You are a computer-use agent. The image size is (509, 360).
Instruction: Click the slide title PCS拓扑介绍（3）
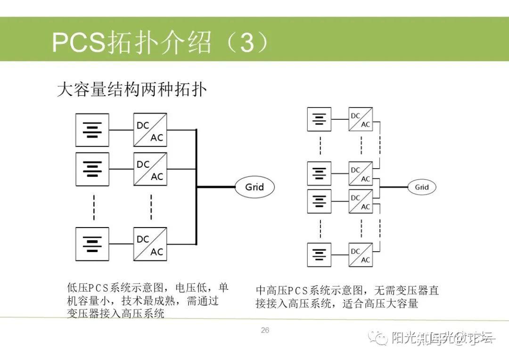(160, 43)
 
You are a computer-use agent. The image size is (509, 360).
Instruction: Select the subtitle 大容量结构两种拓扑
(131, 89)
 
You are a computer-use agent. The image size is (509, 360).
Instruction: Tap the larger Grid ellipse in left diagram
(254, 187)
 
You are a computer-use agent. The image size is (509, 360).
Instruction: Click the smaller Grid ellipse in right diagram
(421, 187)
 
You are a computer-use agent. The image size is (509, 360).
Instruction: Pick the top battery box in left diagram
(92, 130)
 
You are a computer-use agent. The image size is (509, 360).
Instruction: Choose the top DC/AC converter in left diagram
(150, 130)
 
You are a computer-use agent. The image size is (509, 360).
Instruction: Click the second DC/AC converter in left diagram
(150, 169)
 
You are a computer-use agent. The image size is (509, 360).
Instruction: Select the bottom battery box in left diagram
(92, 244)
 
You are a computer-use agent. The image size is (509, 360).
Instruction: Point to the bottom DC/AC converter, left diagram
(150, 244)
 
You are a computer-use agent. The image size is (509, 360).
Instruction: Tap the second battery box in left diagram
(92, 169)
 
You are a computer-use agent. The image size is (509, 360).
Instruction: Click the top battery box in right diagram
(319, 119)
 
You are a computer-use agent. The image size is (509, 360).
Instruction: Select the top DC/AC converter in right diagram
(361, 120)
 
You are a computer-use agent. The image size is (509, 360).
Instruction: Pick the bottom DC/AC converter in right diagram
(361, 255)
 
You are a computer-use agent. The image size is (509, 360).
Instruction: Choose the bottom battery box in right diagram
(319, 255)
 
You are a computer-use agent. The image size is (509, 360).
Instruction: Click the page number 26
(265, 330)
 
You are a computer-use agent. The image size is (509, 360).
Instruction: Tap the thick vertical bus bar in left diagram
(196, 188)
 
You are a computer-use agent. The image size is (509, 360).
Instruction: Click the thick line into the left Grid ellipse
(215, 187)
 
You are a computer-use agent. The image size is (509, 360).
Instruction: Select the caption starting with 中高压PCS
(347, 297)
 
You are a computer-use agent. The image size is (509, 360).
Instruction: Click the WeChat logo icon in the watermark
(378, 337)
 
